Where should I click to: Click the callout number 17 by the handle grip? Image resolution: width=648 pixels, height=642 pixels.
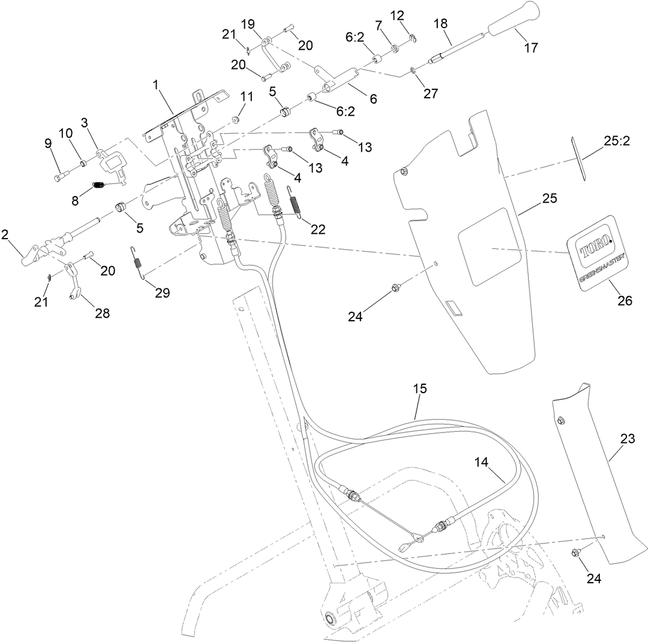tap(532, 47)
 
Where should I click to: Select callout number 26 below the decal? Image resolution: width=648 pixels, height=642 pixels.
tap(625, 301)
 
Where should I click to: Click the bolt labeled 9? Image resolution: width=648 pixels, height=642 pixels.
tap(61, 176)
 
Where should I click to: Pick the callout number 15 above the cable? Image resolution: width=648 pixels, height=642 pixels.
tap(419, 388)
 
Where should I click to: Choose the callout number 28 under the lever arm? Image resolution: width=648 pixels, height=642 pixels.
tap(103, 313)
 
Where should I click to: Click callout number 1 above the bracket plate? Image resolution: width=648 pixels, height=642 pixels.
tap(156, 85)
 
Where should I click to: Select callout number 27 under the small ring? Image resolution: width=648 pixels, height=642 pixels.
tap(430, 93)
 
